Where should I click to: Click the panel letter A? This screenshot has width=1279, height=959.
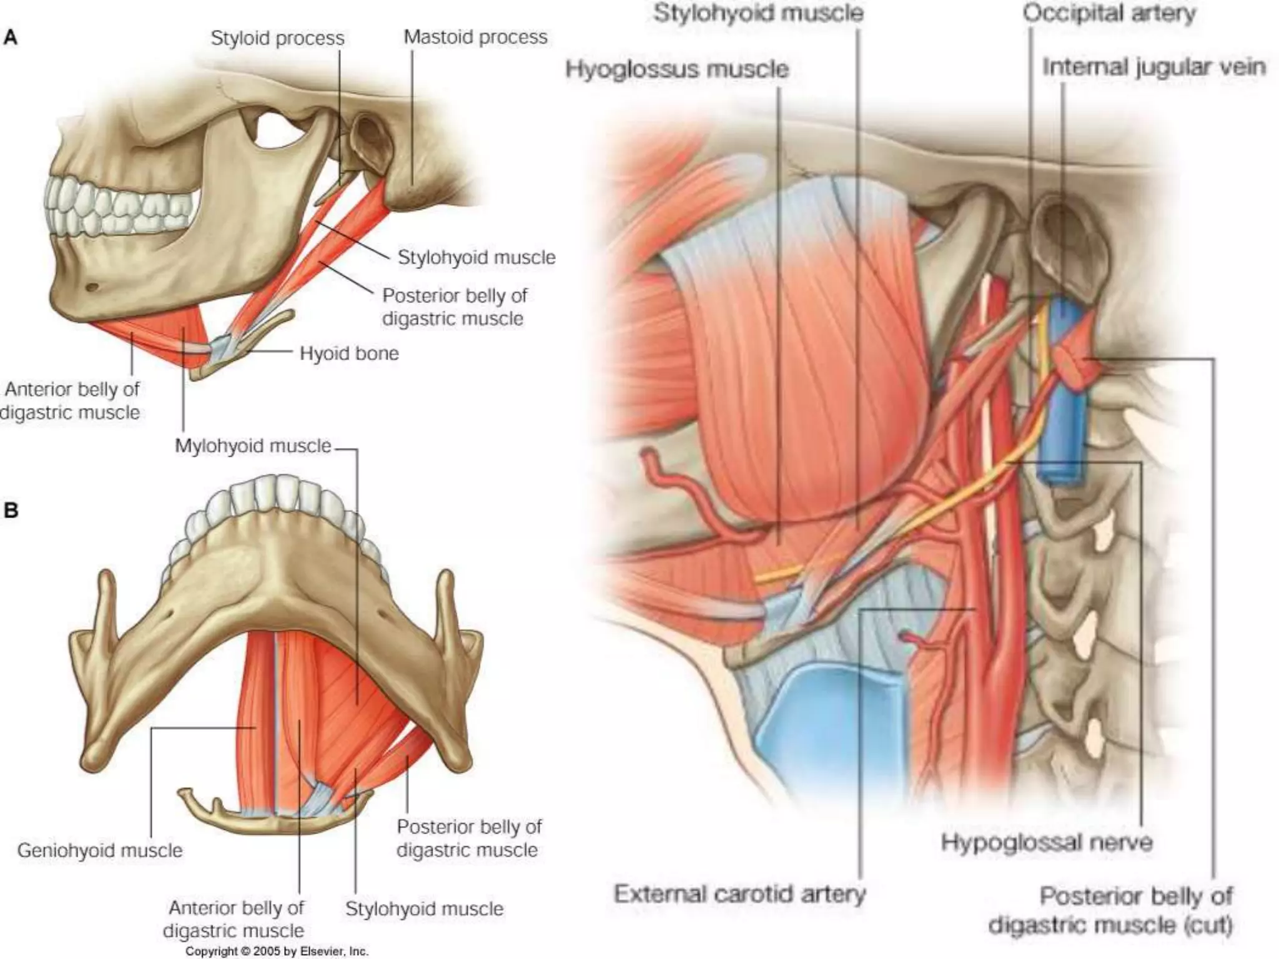[x=11, y=38]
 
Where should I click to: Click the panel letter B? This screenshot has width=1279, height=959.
[x=11, y=510]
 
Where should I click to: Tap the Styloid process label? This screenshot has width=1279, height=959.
[x=277, y=38]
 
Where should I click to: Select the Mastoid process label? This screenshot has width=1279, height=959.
[x=475, y=37]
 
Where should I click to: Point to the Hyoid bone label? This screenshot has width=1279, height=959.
[x=348, y=353]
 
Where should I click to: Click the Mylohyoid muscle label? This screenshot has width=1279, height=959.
[x=253, y=446]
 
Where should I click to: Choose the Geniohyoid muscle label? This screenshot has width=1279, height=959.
[x=100, y=850]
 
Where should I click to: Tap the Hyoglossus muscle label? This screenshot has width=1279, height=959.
[x=677, y=69]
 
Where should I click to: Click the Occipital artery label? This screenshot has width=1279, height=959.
[x=1109, y=13]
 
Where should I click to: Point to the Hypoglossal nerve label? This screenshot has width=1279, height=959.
[x=1047, y=842]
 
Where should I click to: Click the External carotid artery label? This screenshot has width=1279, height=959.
[x=739, y=894]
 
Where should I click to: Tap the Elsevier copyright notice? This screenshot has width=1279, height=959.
[x=277, y=952]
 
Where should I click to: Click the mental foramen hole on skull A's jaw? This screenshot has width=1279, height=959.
[x=92, y=288]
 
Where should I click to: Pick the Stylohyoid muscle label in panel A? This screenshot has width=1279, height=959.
[x=477, y=257]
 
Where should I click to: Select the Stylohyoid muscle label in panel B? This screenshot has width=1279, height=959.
[x=424, y=908]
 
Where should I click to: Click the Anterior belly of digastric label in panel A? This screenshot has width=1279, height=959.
[x=71, y=401]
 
